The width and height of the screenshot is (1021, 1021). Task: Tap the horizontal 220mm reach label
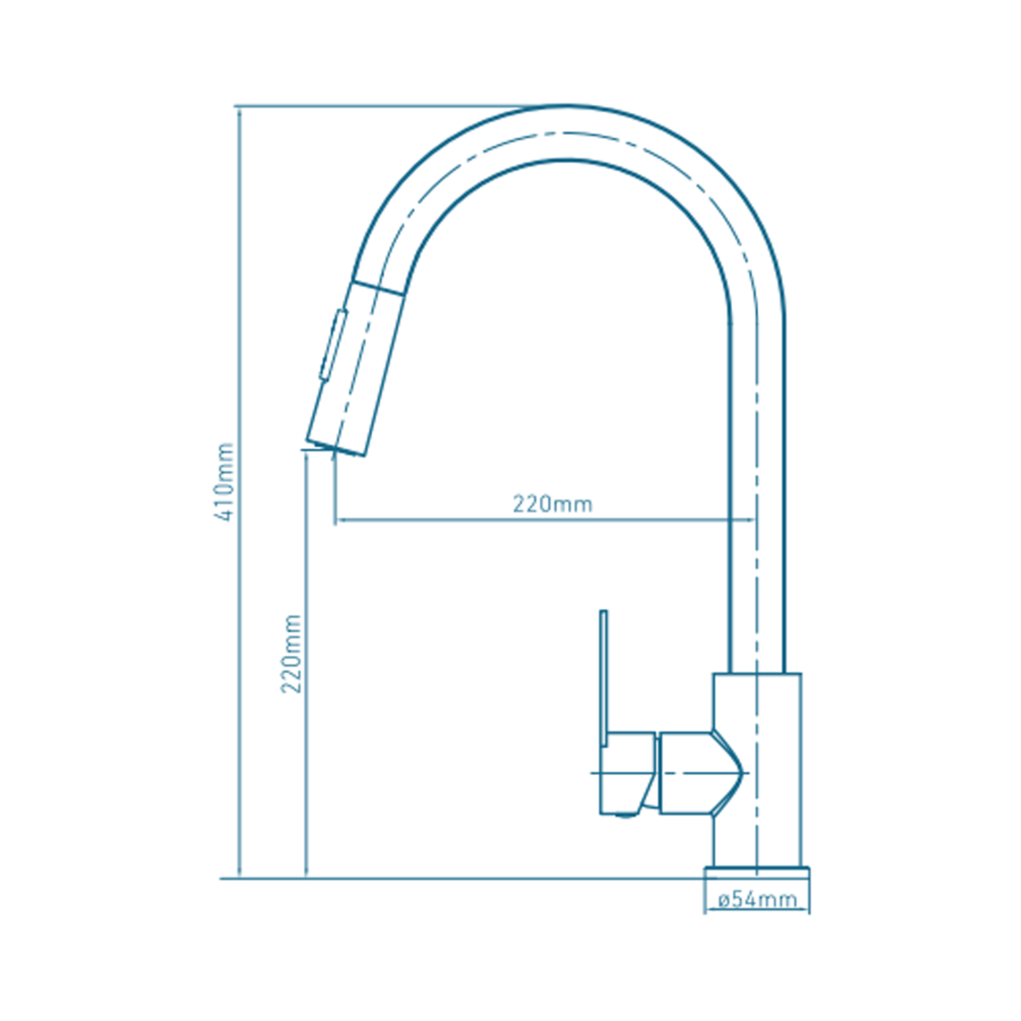pos(553,504)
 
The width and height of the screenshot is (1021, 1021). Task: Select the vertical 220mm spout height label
pos(291,654)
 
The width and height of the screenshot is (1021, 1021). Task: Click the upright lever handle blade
pos(604,678)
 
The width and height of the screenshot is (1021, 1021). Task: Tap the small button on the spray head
pos(333,345)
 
